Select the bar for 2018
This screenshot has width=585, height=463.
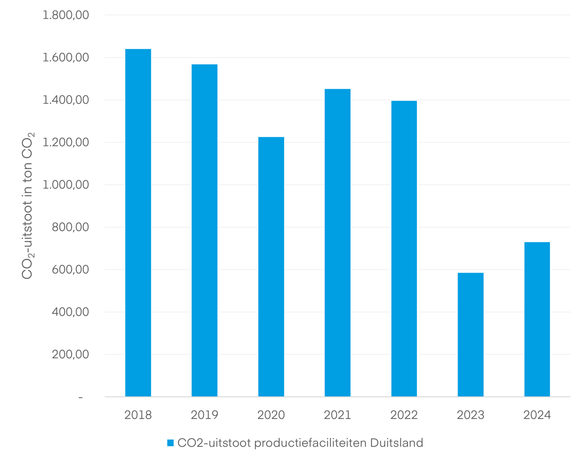[x=138, y=223]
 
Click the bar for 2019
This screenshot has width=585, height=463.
[x=204, y=230]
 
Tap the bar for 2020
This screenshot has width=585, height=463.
[x=271, y=267]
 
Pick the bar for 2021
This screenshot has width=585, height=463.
[x=337, y=243]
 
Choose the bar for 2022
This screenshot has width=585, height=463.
[x=404, y=248]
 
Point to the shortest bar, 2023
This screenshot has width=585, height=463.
[x=471, y=334]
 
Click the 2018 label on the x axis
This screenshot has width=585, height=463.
[x=138, y=415]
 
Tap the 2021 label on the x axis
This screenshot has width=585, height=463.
[x=337, y=415]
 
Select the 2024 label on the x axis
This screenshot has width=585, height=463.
[x=537, y=415]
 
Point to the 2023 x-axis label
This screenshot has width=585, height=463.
[x=471, y=415]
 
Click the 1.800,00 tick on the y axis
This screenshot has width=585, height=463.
[x=66, y=15]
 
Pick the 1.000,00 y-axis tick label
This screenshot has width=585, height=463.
[x=66, y=185]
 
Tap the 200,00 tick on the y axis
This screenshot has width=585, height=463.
[x=70, y=354]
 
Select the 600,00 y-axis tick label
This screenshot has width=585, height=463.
[x=70, y=270]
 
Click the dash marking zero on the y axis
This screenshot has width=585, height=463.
[x=80, y=397]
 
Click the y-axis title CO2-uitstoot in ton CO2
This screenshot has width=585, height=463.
[x=28, y=206]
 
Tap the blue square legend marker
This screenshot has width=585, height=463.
[x=170, y=443]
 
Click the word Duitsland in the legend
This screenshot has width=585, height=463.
[x=396, y=443]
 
